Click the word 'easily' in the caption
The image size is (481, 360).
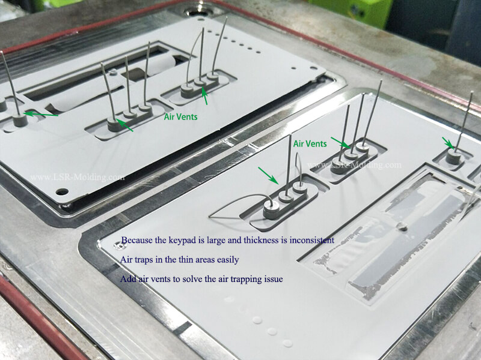227,260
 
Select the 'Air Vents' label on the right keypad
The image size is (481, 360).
310,144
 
